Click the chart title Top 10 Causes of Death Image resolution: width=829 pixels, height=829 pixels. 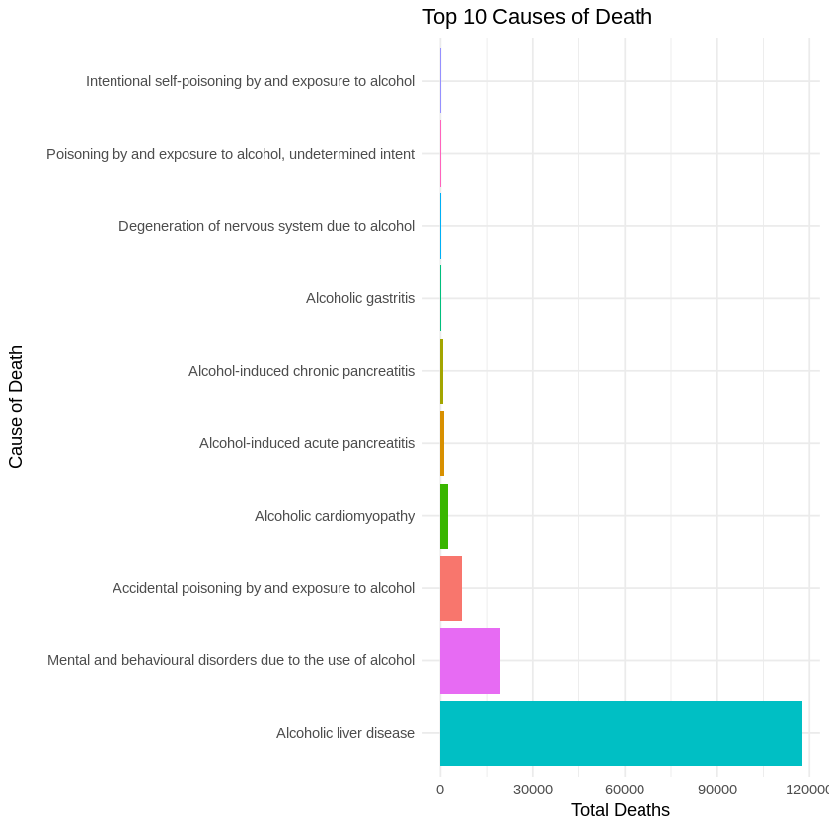(537, 17)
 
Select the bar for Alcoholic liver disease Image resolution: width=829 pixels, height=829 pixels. (621, 733)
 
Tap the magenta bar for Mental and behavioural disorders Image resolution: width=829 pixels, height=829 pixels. (470, 660)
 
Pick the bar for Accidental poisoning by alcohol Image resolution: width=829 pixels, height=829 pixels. (451, 588)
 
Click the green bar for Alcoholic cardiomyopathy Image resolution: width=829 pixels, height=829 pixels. (444, 516)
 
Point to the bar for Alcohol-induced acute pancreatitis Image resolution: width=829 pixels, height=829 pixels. (442, 443)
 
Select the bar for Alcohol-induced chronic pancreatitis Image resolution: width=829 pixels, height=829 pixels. (441, 371)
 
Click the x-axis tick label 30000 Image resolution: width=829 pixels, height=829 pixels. (532, 790)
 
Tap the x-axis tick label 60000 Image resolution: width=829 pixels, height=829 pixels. (625, 790)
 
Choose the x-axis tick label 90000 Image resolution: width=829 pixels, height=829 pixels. (716, 790)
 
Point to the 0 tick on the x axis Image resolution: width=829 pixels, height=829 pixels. (440, 790)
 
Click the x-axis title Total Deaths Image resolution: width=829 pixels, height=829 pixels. (620, 811)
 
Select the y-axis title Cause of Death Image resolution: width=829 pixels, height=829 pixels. (16, 407)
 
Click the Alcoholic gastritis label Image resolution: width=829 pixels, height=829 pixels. (360, 298)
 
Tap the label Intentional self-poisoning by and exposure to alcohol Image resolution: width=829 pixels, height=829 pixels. (250, 81)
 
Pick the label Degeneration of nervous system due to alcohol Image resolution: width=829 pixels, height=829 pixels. (266, 226)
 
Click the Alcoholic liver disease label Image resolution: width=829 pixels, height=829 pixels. (345, 733)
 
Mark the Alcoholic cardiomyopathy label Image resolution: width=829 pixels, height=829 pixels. (335, 516)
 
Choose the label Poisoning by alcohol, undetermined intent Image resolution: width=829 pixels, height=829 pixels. (230, 154)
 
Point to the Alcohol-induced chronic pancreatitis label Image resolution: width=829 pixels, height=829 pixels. (301, 371)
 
